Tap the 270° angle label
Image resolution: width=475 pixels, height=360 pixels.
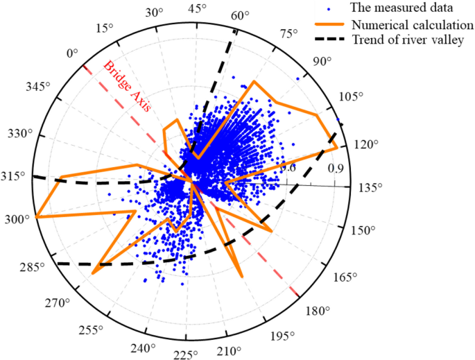click(58, 303)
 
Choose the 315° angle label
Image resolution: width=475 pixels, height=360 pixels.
click(15, 176)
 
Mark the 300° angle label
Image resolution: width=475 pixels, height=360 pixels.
click(15, 219)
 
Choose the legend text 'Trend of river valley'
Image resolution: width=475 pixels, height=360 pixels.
click(402, 40)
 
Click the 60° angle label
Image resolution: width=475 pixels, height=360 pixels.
click(241, 16)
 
